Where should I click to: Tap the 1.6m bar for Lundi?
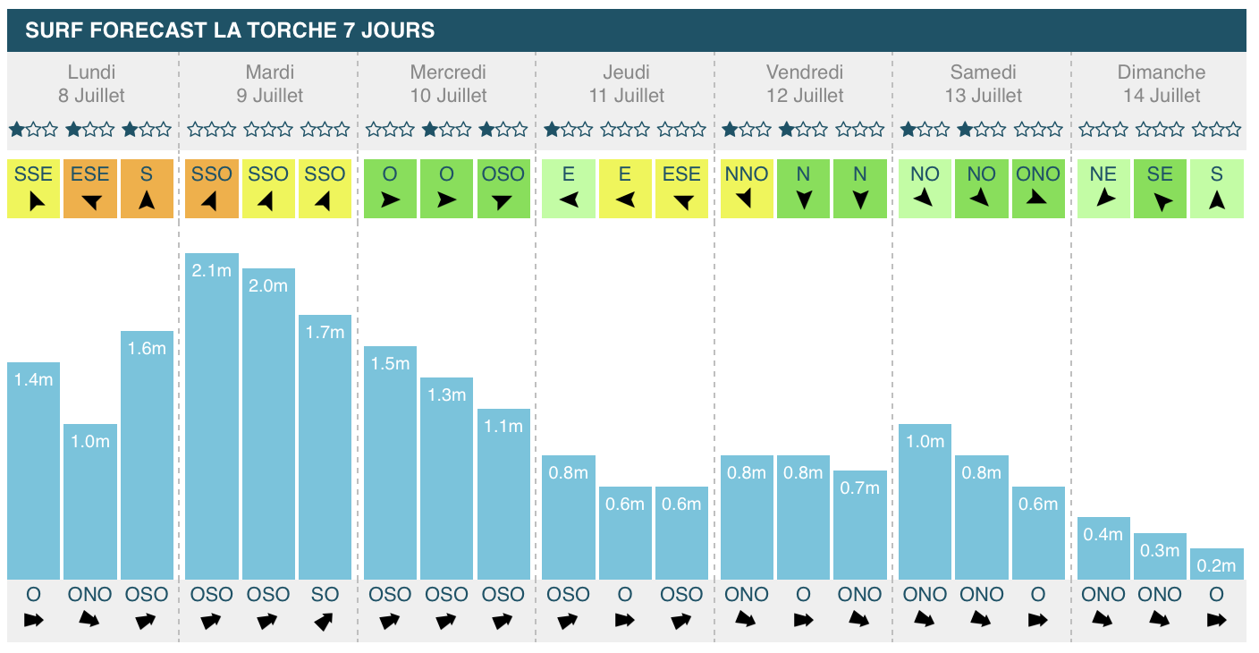tap(147, 455)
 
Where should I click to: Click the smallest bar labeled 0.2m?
tap(1217, 564)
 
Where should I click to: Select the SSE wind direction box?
tap(34, 188)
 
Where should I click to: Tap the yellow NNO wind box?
tap(747, 188)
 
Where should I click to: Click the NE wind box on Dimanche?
tap(1103, 188)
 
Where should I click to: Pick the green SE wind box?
tap(1160, 188)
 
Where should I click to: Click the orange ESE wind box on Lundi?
tap(90, 188)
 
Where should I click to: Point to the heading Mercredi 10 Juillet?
tap(448, 83)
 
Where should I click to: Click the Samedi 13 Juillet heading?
tap(983, 83)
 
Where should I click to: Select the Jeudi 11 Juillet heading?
tap(626, 83)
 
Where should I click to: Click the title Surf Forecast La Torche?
tap(230, 30)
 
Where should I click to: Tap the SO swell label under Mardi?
tap(325, 594)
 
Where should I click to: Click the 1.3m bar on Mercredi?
tap(446, 479)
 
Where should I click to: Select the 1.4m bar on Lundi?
tap(34, 471)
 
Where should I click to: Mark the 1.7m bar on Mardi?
tap(325, 447)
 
